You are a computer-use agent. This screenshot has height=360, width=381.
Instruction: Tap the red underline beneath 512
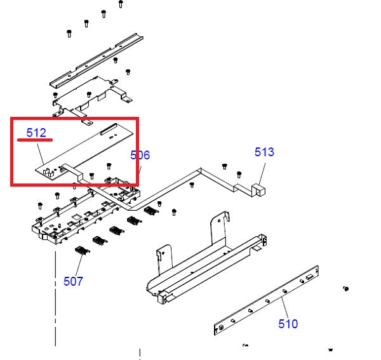[x=35, y=140]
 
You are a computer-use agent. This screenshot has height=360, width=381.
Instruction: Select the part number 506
[x=140, y=155]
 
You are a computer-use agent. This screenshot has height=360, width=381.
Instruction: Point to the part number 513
[x=264, y=152]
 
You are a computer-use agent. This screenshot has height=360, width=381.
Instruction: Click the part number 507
[x=73, y=281]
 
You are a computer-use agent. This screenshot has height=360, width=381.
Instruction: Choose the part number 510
[x=288, y=324]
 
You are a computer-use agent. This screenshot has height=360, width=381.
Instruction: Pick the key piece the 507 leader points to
[x=81, y=251]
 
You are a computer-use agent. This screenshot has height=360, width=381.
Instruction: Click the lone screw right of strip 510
[x=346, y=289]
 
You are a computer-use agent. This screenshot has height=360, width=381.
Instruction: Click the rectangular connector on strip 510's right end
[x=309, y=277]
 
